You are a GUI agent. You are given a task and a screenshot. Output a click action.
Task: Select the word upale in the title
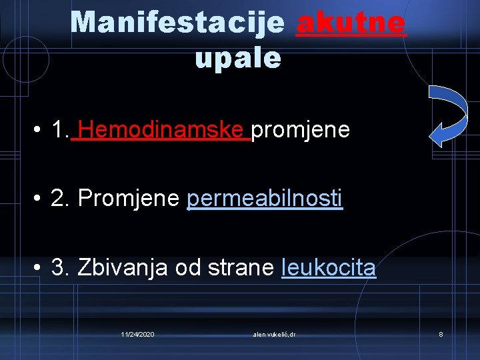coord(238,58)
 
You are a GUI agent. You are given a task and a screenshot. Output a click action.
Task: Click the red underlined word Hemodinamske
coord(163,129)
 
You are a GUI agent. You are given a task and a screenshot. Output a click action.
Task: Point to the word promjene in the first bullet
coord(301,129)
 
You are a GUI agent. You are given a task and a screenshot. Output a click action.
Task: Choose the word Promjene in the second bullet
coord(129,198)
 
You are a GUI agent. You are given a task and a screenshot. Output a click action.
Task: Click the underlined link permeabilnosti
coord(265,198)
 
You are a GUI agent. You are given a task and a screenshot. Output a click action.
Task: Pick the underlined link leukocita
coord(329,267)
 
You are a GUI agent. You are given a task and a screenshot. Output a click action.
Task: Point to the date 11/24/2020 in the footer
coord(137,333)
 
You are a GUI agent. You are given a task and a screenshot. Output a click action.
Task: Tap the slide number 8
coord(441,333)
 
